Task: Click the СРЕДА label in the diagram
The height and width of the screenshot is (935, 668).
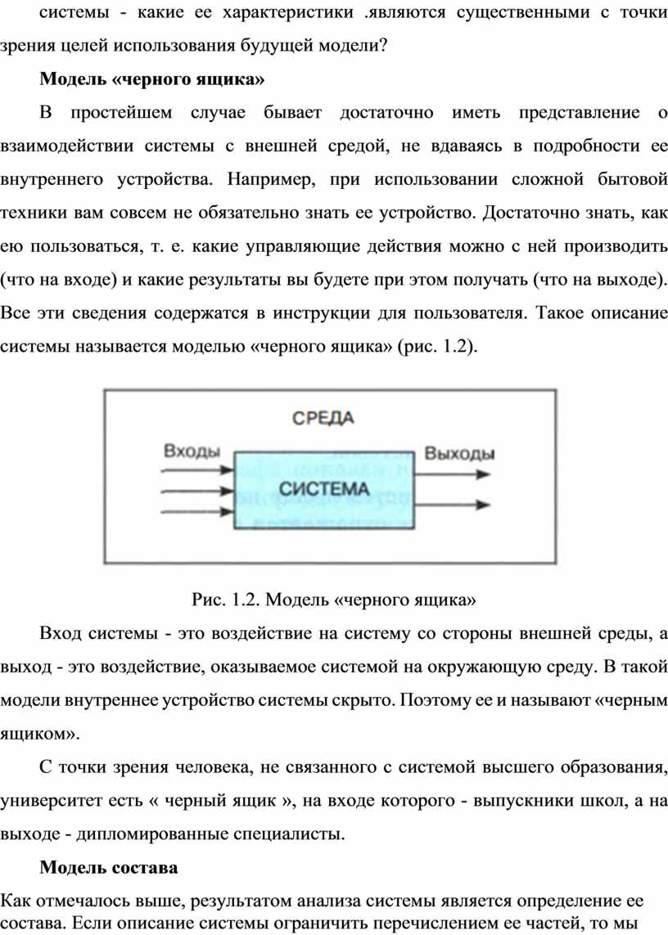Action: coord(323,417)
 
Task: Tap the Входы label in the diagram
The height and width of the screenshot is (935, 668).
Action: coord(192,451)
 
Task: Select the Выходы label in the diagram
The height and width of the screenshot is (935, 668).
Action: coord(460,454)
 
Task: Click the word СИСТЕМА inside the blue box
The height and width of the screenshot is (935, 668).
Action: coord(324,489)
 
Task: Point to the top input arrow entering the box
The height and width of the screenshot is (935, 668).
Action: coord(197,470)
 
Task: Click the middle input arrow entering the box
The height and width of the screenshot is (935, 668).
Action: coord(197,491)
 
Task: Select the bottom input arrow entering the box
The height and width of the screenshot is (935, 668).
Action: coord(197,511)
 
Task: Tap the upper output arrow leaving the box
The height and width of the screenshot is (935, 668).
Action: coord(453,474)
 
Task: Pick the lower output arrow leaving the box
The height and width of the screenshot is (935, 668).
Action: coord(453,505)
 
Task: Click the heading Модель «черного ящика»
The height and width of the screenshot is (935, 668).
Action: coord(152,79)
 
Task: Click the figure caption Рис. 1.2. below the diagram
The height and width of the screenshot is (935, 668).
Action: coord(226,599)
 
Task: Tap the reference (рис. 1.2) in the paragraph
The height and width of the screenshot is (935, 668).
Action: coord(438,346)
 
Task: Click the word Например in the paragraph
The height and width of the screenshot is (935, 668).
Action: coord(272,179)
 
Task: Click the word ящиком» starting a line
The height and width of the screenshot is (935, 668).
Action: coord(40,734)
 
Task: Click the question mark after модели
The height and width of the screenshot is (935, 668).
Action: coord(383,45)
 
